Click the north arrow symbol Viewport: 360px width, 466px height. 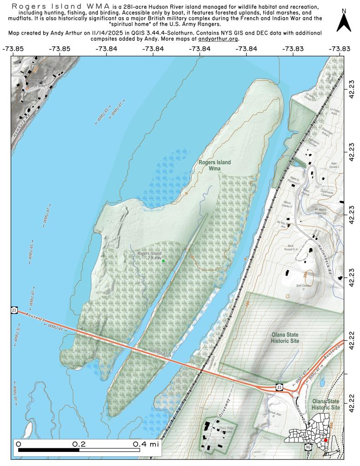[344, 21]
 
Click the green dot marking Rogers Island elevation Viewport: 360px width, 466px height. [163, 261]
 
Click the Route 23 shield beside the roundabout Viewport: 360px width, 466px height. [279, 387]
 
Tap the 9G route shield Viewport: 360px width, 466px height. [308, 447]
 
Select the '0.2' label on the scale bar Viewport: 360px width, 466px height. [79, 443]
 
